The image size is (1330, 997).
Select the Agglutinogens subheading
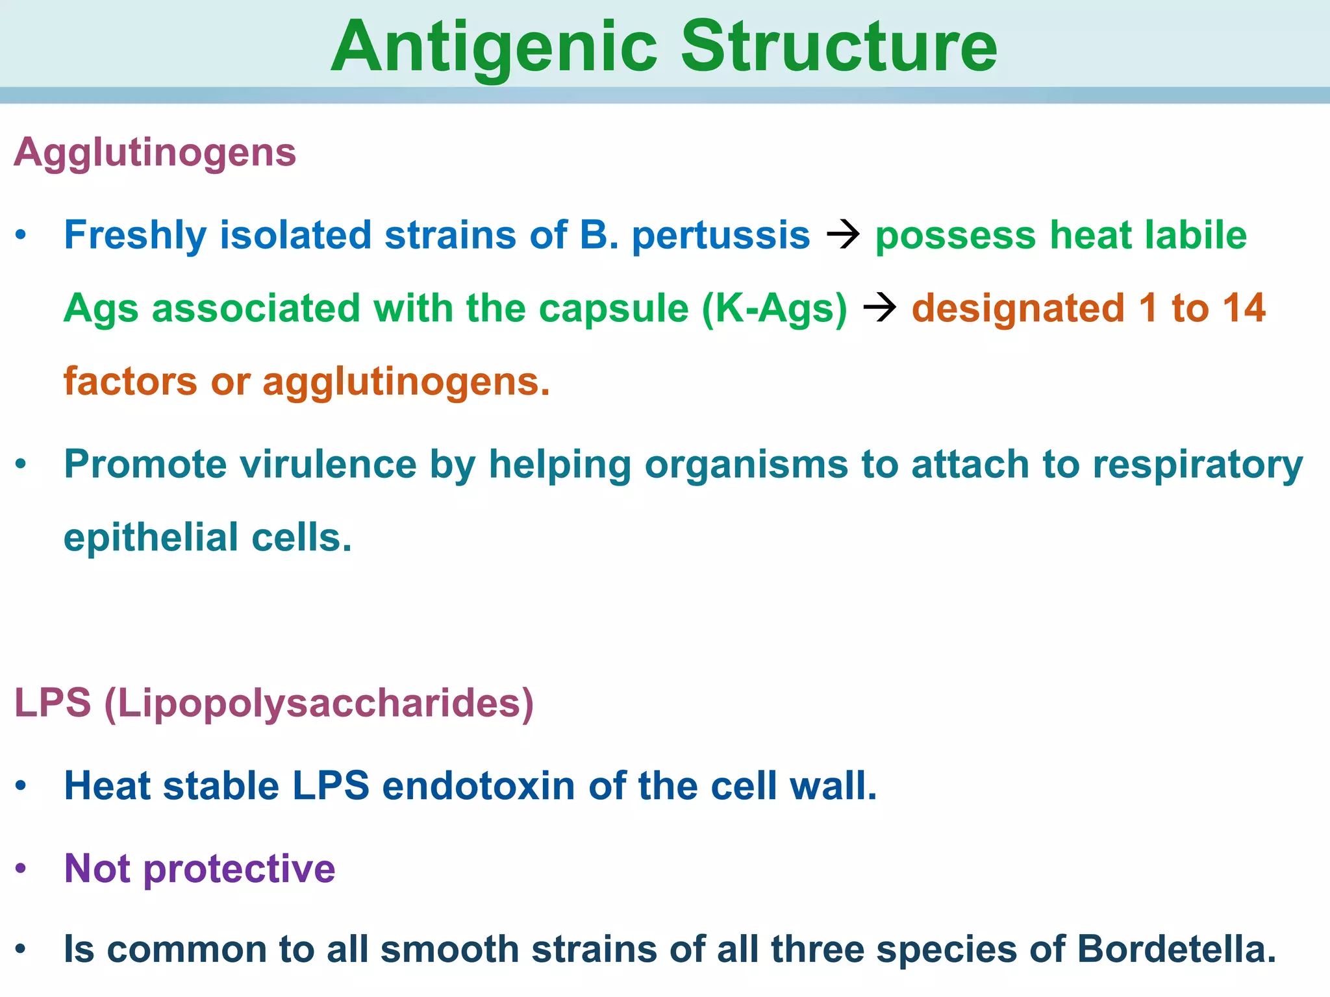point(155,153)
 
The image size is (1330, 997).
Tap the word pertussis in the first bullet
point(721,235)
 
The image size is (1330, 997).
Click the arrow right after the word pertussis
point(843,234)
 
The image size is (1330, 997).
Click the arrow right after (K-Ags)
point(880,308)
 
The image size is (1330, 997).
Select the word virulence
point(327,465)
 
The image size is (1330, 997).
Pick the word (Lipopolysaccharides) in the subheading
point(319,704)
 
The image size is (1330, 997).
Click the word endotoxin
point(479,786)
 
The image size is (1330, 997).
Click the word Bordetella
point(1176,950)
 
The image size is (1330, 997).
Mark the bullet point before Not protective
point(21,868)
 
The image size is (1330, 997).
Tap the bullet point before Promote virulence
point(21,464)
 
